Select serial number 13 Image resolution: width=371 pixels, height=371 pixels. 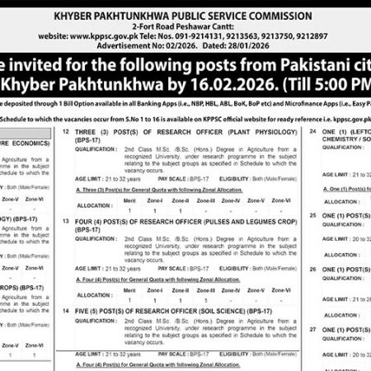(x=65, y=222)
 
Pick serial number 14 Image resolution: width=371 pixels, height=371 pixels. (x=65, y=310)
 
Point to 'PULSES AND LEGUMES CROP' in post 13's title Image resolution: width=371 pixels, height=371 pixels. (x=226, y=222)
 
